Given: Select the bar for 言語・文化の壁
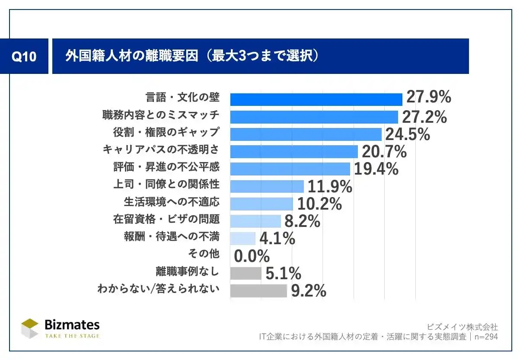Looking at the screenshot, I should (x=316, y=99).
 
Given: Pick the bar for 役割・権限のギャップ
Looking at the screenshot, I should (x=306, y=134).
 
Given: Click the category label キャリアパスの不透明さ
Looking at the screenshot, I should (x=160, y=150).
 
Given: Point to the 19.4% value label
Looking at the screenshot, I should (x=376, y=169).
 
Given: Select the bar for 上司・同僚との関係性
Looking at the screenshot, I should (x=267, y=186).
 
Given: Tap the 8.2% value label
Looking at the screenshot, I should (x=302, y=221).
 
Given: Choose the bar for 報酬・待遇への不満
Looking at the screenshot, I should (x=242, y=238).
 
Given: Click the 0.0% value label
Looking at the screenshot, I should (x=252, y=256).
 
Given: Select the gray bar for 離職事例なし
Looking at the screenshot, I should (x=246, y=273).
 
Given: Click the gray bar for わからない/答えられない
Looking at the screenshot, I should (x=258, y=290).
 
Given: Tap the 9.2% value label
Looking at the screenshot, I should (x=308, y=291).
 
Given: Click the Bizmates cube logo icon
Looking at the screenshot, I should (x=30, y=328).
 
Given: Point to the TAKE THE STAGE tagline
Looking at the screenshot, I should (x=72, y=336).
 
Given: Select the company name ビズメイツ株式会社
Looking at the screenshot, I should (x=462, y=326).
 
